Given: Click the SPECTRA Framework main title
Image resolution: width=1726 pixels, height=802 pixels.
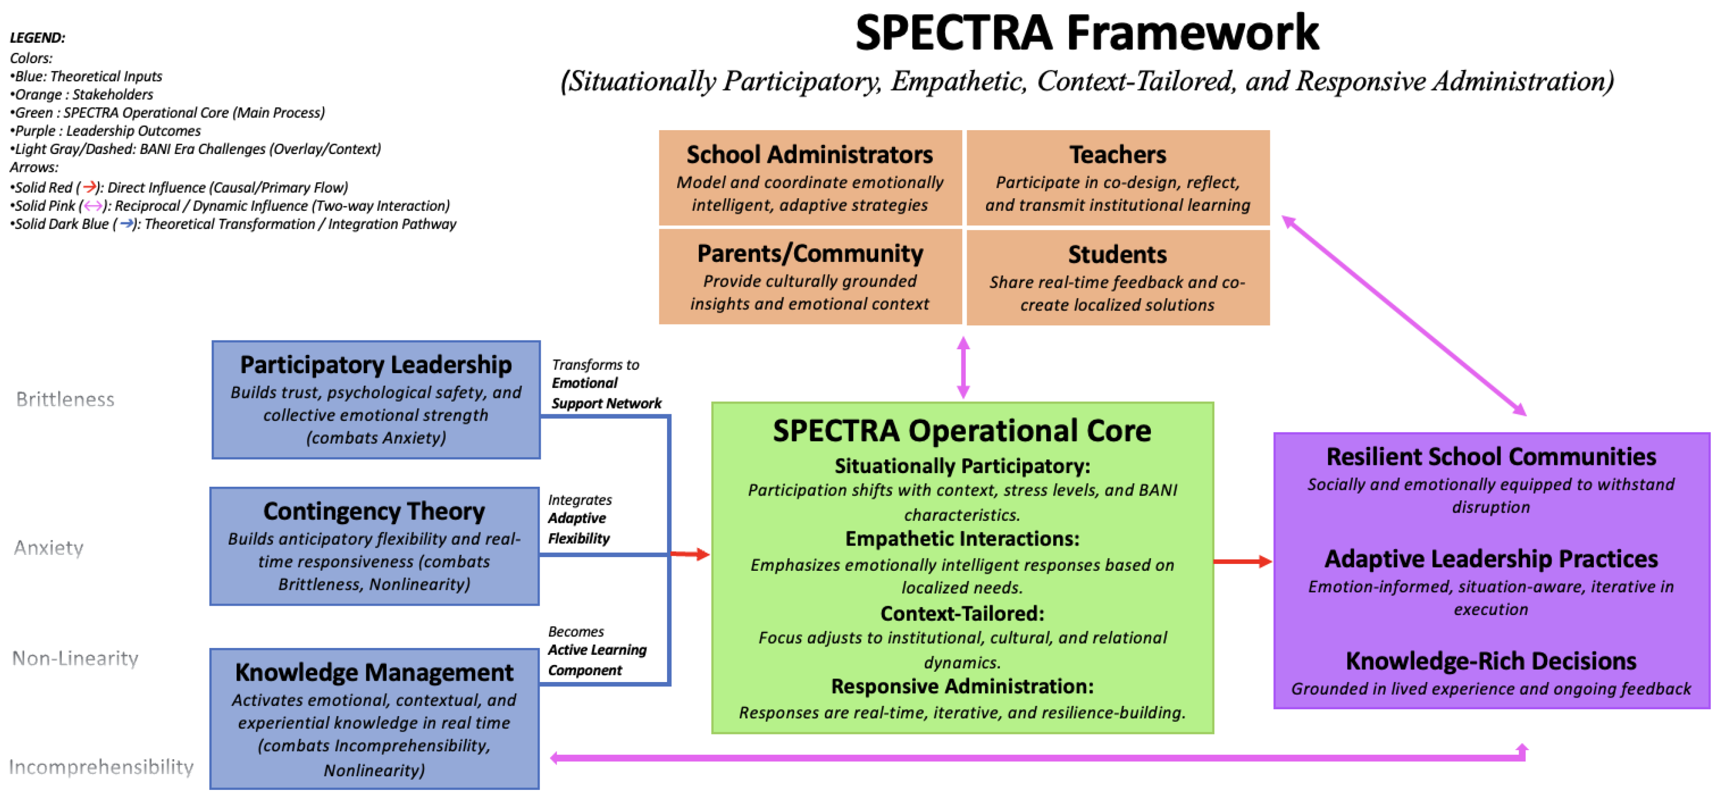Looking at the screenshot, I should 1086,33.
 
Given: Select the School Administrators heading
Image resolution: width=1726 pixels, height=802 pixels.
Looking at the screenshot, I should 809,155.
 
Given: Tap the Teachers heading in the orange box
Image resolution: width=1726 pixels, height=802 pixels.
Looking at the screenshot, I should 1117,155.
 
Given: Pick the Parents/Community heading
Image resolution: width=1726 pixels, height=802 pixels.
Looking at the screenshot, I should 809,253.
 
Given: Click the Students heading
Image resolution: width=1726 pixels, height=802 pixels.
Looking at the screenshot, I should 1117,255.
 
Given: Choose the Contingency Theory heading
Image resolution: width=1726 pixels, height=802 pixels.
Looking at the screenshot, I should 374,511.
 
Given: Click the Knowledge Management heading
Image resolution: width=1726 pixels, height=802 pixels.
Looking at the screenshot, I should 374,672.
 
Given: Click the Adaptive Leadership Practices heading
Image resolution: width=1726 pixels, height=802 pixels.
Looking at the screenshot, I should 1491,559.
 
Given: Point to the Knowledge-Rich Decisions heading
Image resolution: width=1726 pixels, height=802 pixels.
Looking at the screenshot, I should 1491,661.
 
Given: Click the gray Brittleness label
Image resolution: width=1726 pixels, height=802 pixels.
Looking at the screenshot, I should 65,399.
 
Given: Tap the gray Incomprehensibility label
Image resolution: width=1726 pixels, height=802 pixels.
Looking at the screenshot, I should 101,767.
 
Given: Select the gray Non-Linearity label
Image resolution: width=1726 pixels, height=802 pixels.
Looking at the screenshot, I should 75,658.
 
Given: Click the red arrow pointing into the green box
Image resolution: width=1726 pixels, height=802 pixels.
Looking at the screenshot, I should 690,554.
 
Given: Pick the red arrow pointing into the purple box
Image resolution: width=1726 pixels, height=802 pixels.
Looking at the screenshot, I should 1243,562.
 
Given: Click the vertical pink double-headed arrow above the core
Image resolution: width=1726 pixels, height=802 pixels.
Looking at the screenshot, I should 963,367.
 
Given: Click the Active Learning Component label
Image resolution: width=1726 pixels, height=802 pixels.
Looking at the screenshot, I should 597,660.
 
